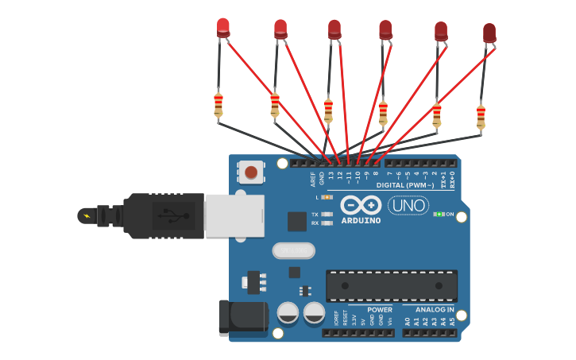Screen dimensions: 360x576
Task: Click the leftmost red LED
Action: (x=223, y=27)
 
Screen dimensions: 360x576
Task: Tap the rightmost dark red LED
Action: (x=489, y=33)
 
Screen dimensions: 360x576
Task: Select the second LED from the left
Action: (x=280, y=29)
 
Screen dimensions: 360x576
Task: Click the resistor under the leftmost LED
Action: (x=218, y=104)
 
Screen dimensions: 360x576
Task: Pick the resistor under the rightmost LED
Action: (x=481, y=116)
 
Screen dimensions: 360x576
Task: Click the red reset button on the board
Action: (x=251, y=172)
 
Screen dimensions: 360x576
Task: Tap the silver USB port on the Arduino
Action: (x=234, y=215)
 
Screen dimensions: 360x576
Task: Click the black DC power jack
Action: (x=242, y=315)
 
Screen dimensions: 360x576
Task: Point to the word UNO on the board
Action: (x=408, y=206)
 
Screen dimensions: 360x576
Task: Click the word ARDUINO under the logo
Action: (x=361, y=220)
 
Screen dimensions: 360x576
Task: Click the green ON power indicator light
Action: (x=437, y=214)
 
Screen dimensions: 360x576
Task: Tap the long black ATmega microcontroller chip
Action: (x=392, y=285)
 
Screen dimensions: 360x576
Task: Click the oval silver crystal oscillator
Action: (x=294, y=251)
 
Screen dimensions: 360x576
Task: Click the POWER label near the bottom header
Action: (x=380, y=309)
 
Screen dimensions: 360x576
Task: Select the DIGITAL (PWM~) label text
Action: (x=405, y=185)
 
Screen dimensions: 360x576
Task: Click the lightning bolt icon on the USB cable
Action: (x=87, y=215)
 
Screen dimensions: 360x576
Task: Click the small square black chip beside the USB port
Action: (x=297, y=221)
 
